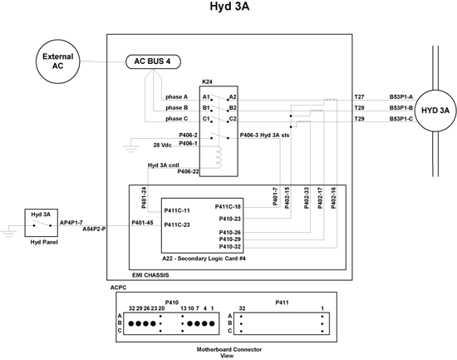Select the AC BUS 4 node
tap(153, 62)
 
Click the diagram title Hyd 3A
tap(229, 6)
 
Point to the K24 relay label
tap(207, 82)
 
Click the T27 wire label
tap(359, 96)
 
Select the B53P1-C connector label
tap(401, 119)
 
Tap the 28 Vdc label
tap(162, 145)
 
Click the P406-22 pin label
tap(188, 171)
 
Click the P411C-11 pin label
tap(177, 210)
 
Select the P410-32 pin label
tap(230, 247)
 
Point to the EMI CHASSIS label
tap(150, 275)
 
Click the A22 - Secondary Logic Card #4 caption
tap(204, 259)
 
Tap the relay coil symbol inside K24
tap(219, 157)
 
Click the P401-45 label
tap(142, 223)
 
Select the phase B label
tap(177, 107)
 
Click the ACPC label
tap(118, 288)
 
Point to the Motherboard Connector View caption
tap(229, 353)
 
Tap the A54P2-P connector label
tap(94, 229)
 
